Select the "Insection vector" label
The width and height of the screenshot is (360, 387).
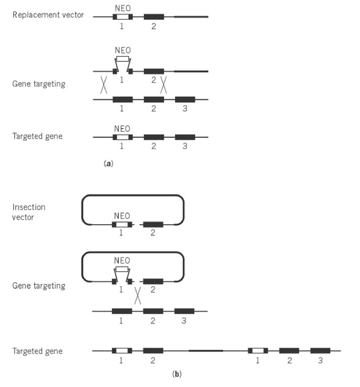[29, 212]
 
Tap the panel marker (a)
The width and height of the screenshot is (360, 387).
[106, 163]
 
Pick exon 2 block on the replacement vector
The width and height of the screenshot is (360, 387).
[154, 17]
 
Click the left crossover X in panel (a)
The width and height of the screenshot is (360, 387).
[103, 84]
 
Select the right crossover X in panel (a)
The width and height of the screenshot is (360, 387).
[164, 84]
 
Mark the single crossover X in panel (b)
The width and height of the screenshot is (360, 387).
[137, 296]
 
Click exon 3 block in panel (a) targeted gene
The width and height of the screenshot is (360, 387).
[185, 137]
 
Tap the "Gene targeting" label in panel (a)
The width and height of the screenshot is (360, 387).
[39, 84]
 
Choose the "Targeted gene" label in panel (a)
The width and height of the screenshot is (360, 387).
[37, 137]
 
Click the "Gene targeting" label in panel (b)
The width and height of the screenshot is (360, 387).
[39, 286]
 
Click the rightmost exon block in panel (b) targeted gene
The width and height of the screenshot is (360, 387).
[320, 351]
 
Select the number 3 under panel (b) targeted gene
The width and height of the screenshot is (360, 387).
[320, 361]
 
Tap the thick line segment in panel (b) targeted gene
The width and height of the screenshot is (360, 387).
[206, 351]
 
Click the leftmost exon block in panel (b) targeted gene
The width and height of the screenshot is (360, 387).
[122, 351]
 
